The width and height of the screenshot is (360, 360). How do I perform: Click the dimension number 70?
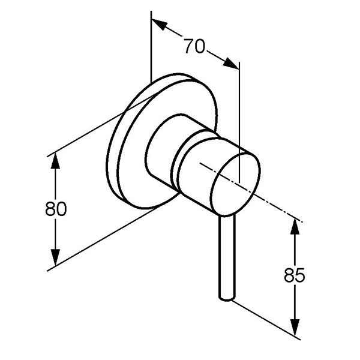tap(194, 46)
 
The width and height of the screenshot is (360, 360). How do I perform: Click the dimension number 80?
tap(56, 208)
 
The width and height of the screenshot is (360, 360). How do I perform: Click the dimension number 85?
tap(295, 275)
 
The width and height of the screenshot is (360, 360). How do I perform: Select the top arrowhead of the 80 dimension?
tap(55, 161)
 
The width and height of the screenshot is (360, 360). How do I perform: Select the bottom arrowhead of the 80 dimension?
tap(55, 257)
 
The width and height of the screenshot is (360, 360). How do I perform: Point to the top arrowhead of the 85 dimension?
tap(295, 226)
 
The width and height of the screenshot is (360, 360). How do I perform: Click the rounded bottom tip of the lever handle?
tap(227, 298)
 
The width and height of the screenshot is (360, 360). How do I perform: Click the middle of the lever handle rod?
tap(227, 257)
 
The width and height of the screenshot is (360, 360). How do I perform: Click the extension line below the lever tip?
tap(266, 319)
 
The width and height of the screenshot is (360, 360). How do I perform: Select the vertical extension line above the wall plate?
tap(151, 47)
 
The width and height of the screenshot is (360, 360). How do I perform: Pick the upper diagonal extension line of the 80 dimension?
tap(100, 127)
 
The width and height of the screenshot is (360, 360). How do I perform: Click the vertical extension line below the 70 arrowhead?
tap(239, 122)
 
